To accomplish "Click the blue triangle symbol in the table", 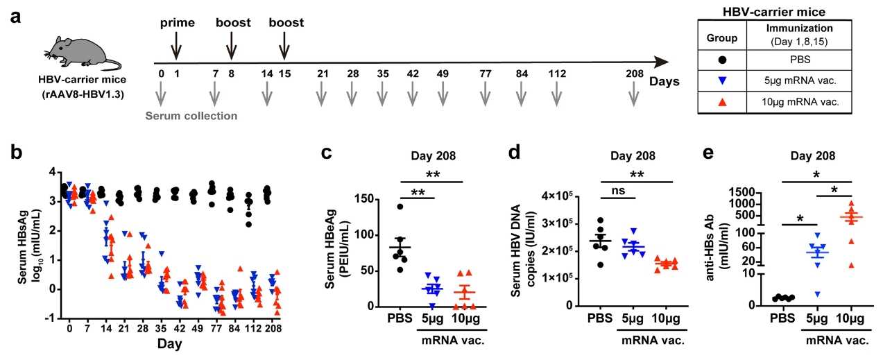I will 722,80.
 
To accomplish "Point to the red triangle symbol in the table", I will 722,101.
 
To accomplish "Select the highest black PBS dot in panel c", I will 400,206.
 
